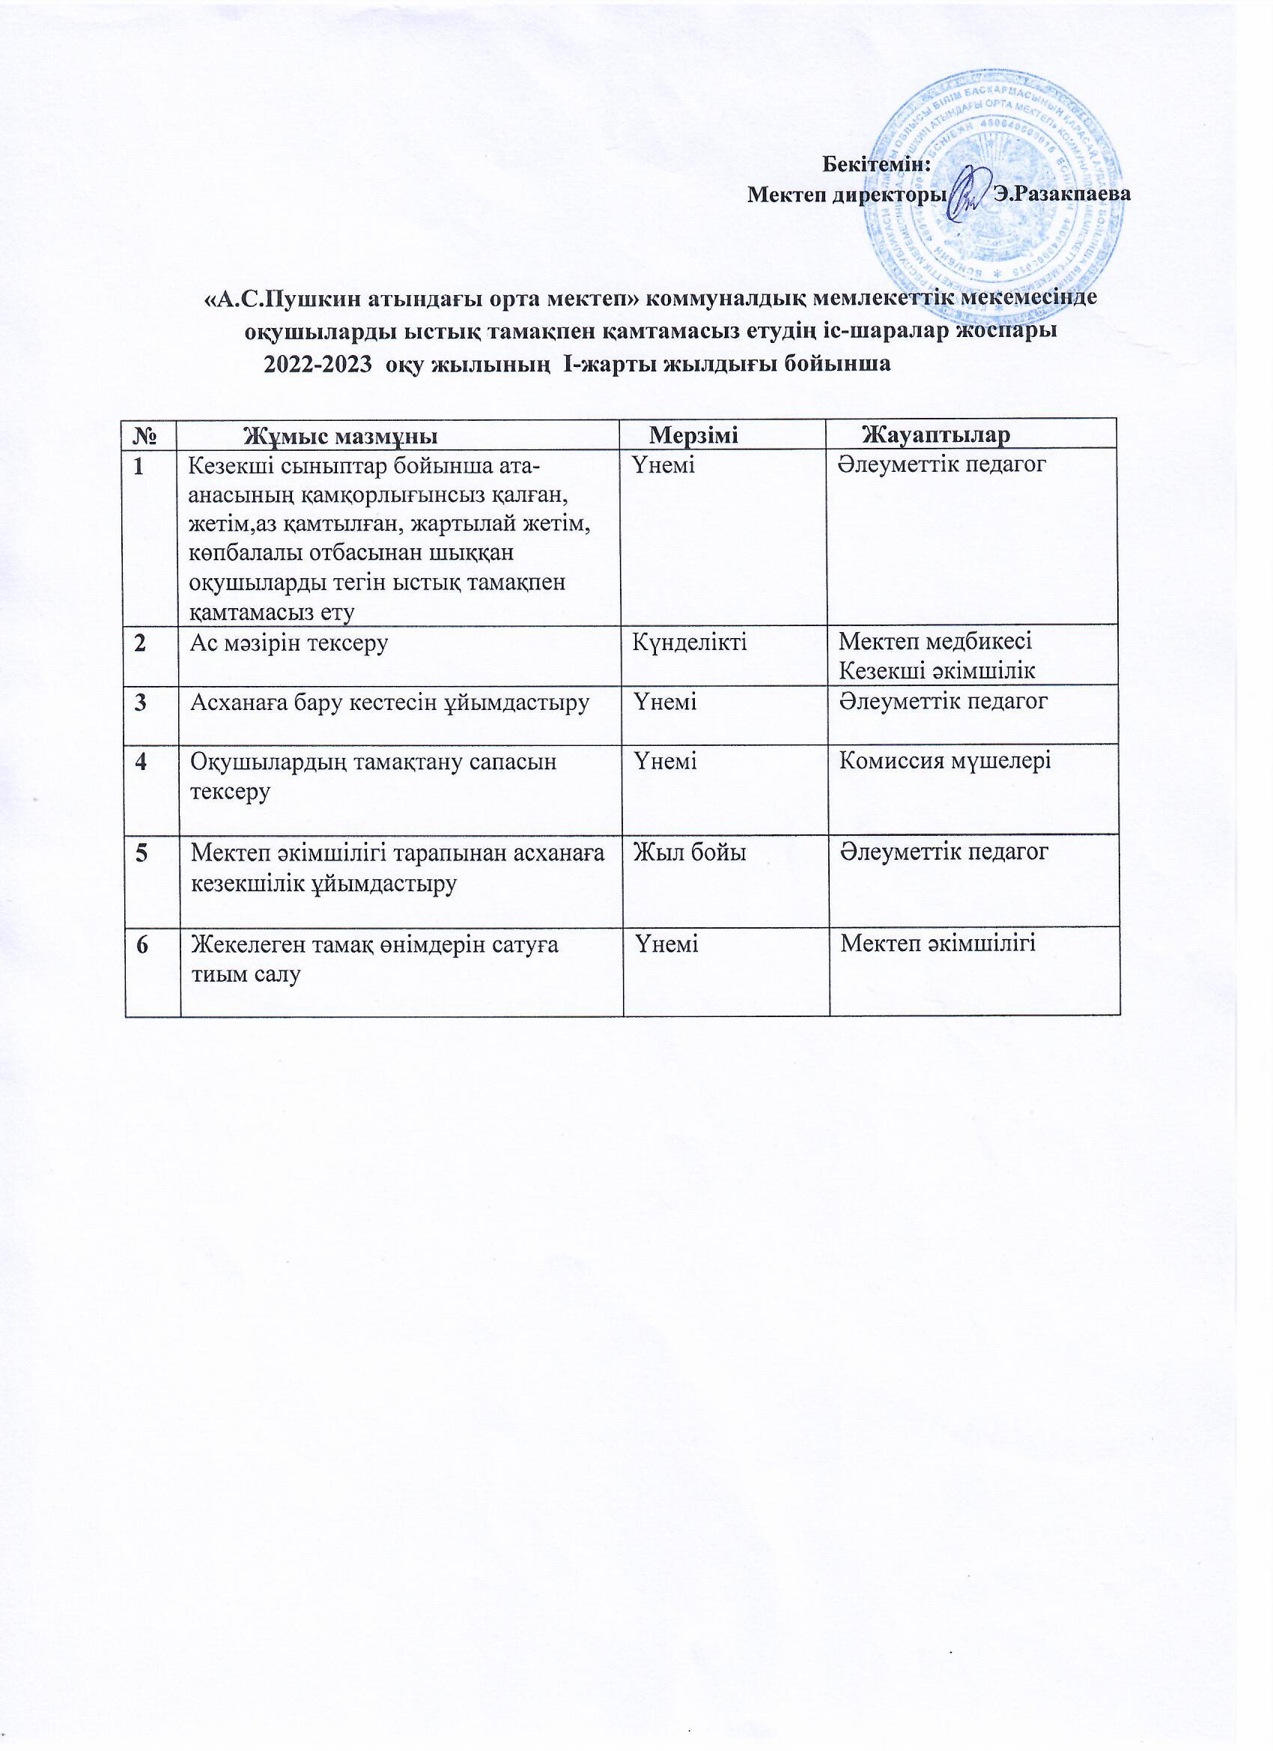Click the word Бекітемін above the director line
click(x=875, y=165)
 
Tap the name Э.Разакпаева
click(x=1062, y=194)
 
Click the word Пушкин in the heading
click(x=304, y=298)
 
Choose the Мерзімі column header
click(x=693, y=435)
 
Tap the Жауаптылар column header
click(x=935, y=435)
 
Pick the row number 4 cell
click(x=142, y=761)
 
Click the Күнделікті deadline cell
click(x=690, y=642)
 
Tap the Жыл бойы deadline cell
click(x=690, y=852)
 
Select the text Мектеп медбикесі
click(x=935, y=641)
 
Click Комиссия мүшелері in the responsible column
click(x=944, y=761)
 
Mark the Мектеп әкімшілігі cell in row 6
click(x=938, y=943)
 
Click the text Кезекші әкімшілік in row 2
click(x=938, y=670)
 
